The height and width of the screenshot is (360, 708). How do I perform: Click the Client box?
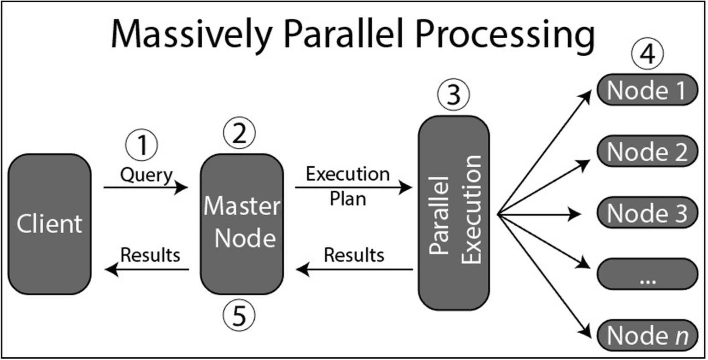click(x=50, y=224)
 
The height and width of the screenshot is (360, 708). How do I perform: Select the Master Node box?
click(x=242, y=224)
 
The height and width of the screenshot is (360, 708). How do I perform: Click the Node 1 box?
click(x=647, y=90)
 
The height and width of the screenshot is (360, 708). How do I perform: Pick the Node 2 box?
click(x=647, y=152)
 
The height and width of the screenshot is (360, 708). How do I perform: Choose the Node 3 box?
click(x=647, y=213)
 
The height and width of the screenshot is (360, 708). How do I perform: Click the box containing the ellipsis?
click(x=647, y=275)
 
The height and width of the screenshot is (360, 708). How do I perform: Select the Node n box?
click(x=647, y=335)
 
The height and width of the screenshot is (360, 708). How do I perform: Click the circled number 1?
click(x=142, y=145)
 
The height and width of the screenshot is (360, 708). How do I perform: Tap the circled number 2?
click(x=239, y=134)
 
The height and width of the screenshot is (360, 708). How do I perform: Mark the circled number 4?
click(x=647, y=55)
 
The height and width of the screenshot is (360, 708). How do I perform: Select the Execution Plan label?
click(x=348, y=186)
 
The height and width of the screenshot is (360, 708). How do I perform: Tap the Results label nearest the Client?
click(x=150, y=254)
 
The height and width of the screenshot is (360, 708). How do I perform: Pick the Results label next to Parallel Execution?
click(x=354, y=255)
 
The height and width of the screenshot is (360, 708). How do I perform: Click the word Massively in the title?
click(x=190, y=36)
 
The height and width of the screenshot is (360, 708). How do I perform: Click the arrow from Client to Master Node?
click(x=146, y=188)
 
